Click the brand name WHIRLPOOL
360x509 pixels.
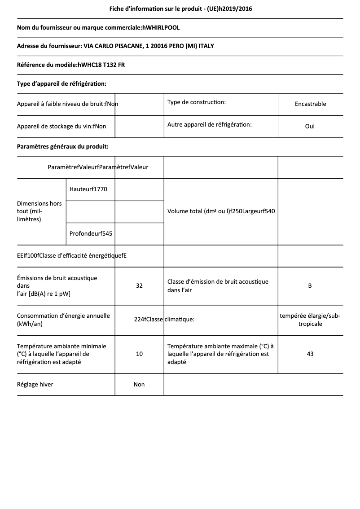point(162,28)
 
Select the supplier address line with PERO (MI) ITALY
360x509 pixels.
point(119,46)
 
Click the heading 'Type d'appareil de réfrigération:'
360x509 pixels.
point(61,83)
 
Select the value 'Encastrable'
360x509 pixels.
point(310,104)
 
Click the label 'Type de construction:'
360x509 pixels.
point(197,102)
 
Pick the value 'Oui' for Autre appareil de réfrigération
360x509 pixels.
point(310,126)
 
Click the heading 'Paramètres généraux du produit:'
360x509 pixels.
point(62,146)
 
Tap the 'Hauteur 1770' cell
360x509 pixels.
point(88,189)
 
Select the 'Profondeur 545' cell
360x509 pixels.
point(91,233)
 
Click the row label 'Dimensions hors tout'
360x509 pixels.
point(40,211)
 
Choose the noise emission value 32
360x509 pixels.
point(139,285)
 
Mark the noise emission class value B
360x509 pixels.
point(310,285)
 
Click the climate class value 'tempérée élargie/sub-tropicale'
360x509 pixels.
point(310,320)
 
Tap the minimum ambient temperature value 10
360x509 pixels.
point(139,354)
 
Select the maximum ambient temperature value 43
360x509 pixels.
point(310,354)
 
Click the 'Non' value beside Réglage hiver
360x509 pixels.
point(139,384)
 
